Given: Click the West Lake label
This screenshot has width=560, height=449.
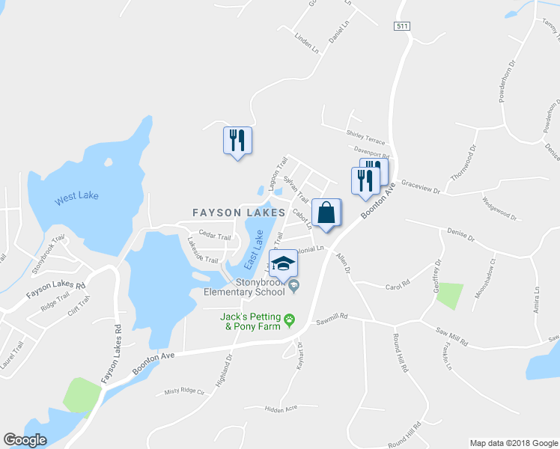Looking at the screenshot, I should (77, 197).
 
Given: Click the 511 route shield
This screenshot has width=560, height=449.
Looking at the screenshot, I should (402, 26).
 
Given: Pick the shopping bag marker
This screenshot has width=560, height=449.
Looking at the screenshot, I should (326, 213).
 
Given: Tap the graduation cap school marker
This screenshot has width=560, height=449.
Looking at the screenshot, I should (283, 263).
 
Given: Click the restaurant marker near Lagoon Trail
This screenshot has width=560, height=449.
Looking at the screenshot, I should (237, 141).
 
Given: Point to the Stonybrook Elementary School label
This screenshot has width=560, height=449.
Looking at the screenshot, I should (246, 287).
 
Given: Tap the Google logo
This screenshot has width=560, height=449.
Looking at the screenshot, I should (25, 440).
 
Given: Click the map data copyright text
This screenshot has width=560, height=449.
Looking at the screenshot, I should (513, 443).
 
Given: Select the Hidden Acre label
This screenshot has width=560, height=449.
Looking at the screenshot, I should (281, 409).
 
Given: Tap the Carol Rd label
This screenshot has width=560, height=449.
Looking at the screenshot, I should (398, 284).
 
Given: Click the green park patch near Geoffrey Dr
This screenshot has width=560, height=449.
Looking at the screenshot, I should (449, 296).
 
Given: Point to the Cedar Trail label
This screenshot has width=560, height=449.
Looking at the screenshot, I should (214, 236).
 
